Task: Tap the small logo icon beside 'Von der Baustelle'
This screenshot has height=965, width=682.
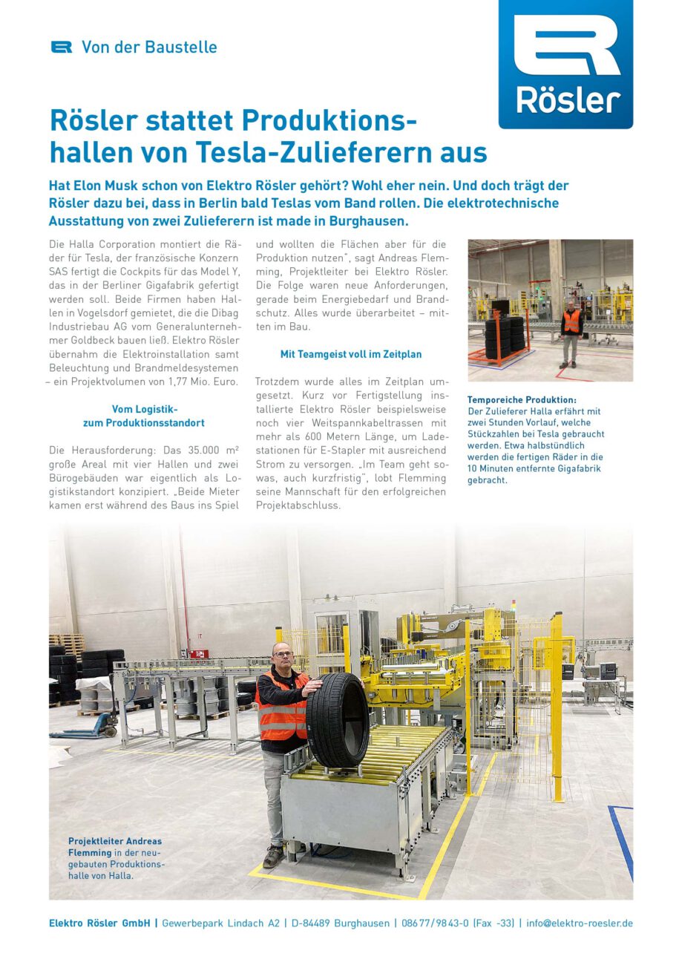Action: point(62,47)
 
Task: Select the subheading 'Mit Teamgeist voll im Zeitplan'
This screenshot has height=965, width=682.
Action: point(351,354)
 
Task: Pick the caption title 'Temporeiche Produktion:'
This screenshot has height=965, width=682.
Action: point(522,400)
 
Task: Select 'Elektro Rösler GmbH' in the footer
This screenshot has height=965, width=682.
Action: point(99,923)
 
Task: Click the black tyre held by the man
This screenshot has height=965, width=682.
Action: point(338,720)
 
